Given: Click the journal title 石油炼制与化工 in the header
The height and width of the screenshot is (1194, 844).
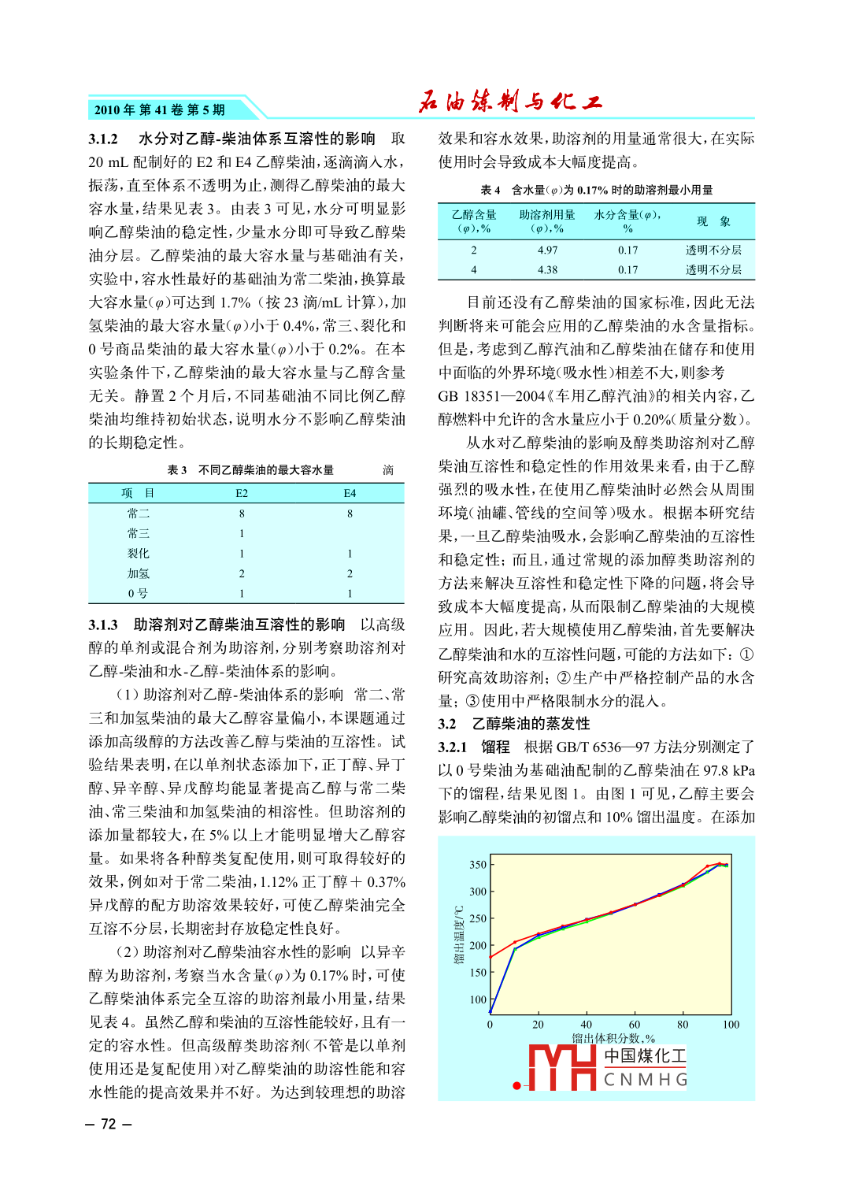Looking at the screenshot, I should point(510,102).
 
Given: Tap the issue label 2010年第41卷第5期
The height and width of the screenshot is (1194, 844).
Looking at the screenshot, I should point(160,110).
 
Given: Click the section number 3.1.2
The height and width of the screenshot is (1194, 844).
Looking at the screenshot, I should point(103,139).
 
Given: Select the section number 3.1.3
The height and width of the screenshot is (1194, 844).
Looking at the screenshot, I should point(103,625).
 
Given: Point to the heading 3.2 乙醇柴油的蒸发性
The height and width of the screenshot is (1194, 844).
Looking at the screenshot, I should point(514,724).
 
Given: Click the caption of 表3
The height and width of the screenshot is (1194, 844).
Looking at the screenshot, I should point(250,470).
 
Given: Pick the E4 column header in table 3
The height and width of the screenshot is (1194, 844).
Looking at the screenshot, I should point(350,493).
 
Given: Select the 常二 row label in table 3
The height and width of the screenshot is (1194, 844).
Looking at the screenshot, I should point(139,514).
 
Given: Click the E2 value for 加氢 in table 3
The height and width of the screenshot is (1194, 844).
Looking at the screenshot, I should point(242,574).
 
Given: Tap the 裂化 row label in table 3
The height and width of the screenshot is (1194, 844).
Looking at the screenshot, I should point(139,554).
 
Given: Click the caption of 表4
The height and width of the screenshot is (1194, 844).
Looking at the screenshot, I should point(596,190).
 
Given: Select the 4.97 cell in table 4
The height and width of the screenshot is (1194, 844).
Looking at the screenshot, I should point(547,250).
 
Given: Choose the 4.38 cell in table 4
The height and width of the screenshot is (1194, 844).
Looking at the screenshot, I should point(547,270).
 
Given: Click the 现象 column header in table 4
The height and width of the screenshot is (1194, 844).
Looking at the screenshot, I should point(713,221).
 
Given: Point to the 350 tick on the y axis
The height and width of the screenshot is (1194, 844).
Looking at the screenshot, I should point(477,865).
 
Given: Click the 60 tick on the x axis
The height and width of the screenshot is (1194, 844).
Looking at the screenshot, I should point(635,1025).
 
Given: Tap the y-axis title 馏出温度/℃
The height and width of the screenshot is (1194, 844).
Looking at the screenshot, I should point(458,935).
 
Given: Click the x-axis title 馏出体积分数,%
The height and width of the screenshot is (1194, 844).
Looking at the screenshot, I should point(613,1038).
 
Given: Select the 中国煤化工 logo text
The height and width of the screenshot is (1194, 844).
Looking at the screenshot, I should point(645,1056).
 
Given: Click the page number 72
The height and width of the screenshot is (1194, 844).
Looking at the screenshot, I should point(109,1124).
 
